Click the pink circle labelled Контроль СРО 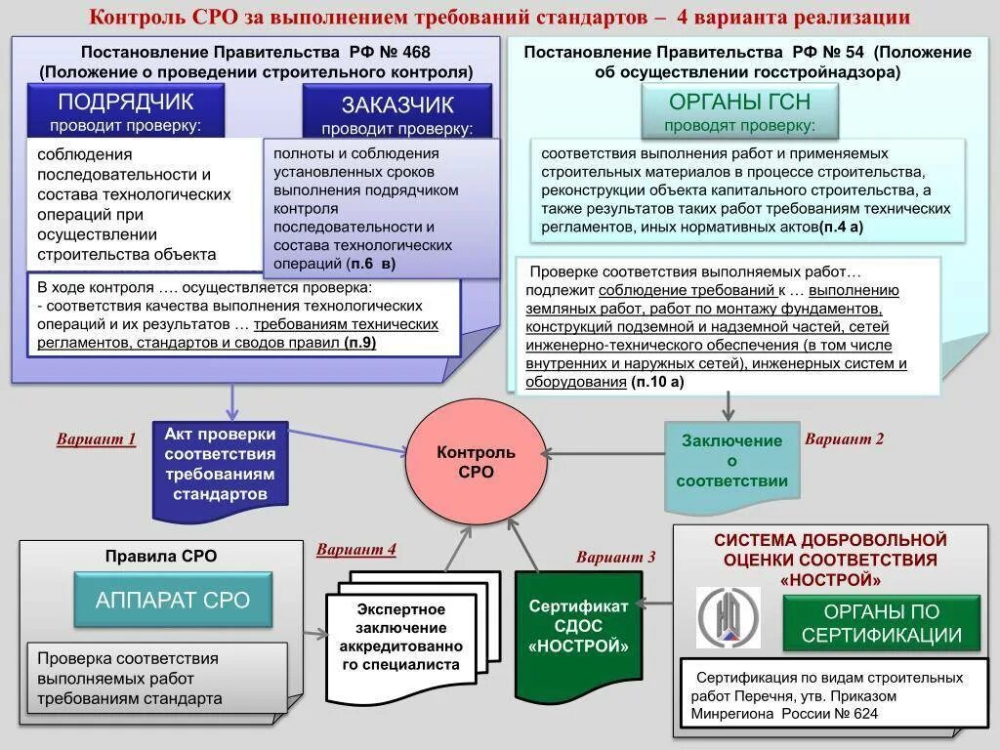(x=476, y=462)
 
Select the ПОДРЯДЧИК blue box (x=126, y=110)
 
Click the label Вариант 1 (x=96, y=438)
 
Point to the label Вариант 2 (x=844, y=438)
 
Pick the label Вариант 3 (x=615, y=558)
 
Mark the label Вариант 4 (x=355, y=549)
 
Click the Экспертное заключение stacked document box (x=400, y=637)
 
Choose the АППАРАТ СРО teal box (x=173, y=600)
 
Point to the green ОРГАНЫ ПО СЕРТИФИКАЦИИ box (x=881, y=624)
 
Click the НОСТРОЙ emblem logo (x=728, y=617)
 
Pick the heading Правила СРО (x=161, y=556)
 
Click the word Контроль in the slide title (x=128, y=17)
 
